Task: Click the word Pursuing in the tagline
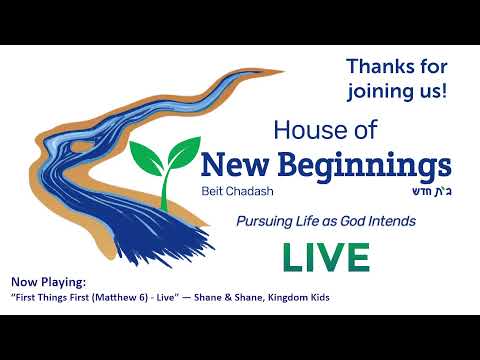[266, 221]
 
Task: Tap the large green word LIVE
[325, 257]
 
